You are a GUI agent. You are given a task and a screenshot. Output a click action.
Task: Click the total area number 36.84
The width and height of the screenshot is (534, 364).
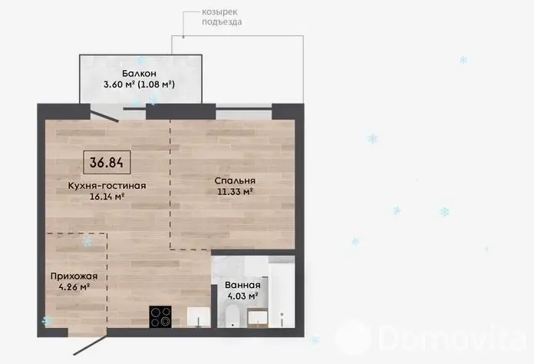(107, 162)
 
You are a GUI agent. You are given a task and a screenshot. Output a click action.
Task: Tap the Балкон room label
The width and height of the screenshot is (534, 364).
(139, 73)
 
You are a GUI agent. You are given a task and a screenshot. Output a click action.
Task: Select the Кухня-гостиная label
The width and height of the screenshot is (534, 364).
(107, 186)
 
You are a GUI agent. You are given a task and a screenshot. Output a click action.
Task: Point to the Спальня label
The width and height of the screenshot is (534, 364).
(235, 180)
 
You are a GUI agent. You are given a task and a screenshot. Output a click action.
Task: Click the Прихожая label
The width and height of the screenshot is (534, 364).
(74, 276)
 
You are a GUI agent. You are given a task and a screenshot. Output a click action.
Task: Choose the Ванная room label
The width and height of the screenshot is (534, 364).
(242, 285)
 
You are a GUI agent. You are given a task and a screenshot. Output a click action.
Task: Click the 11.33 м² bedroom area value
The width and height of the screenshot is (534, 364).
(235, 191)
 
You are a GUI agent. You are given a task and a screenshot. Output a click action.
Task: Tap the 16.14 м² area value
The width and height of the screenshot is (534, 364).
(107, 197)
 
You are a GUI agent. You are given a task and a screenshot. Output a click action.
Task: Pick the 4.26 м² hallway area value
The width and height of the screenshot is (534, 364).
(74, 287)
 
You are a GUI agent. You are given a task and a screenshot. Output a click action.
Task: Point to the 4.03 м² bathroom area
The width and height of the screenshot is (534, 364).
(242, 296)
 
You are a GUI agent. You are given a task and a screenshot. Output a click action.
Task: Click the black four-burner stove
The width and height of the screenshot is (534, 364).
(160, 317)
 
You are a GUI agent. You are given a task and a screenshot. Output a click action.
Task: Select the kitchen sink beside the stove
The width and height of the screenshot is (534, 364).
(199, 317)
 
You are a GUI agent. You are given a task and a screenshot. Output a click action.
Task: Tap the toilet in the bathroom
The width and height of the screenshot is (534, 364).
(233, 316)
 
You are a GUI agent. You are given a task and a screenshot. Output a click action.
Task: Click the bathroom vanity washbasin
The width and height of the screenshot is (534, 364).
(258, 318)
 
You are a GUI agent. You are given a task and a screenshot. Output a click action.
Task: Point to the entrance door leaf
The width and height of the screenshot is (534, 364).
(91, 346)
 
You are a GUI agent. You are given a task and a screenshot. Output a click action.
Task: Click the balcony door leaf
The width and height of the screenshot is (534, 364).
(104, 114)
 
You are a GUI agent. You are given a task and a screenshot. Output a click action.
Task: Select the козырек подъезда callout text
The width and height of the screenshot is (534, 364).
(222, 17)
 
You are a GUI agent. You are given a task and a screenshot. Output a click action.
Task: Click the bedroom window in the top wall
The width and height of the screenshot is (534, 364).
(244, 109)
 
